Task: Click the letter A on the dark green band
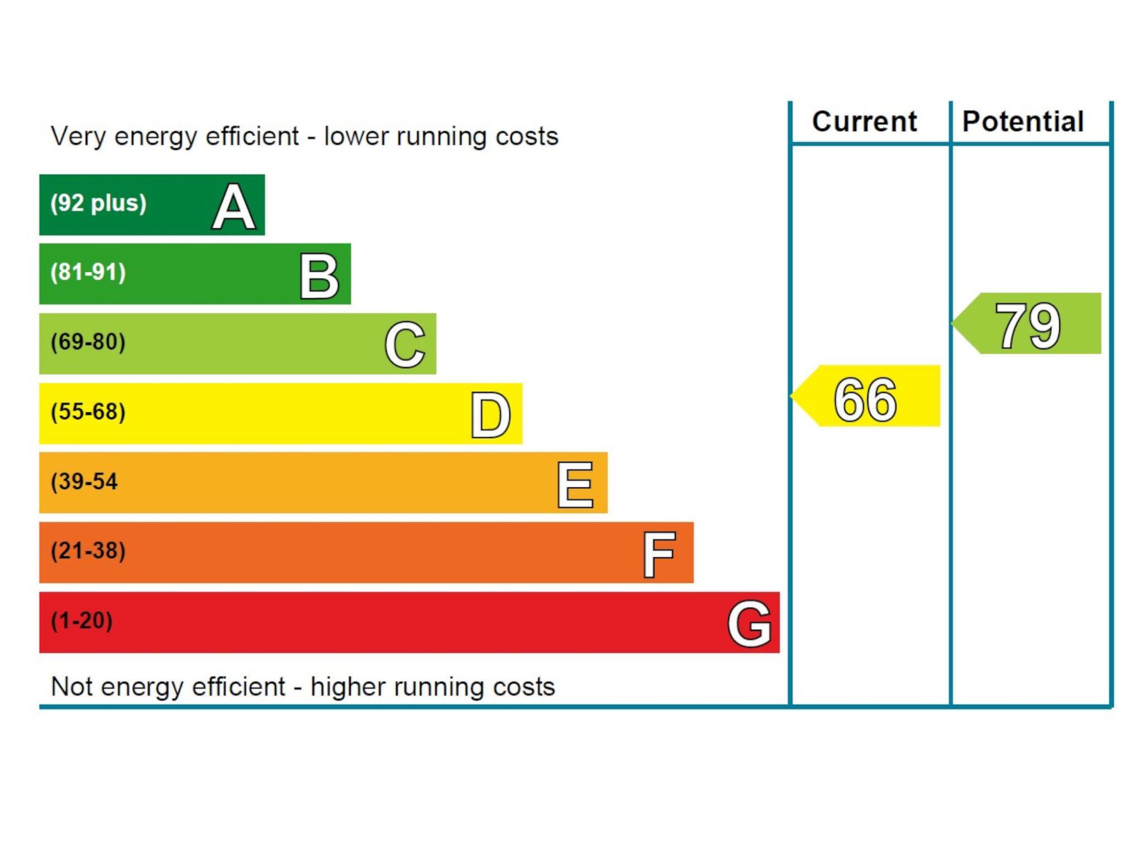233,207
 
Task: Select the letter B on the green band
319,276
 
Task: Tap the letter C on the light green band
405,345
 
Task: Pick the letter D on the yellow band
490,415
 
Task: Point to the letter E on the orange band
575,485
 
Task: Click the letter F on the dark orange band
659,554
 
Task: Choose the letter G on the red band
750,623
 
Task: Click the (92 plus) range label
98,203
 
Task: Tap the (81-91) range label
88,272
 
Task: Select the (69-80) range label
88,342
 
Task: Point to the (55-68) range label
88,412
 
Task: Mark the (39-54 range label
84,482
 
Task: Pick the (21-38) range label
88,551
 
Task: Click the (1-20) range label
82,621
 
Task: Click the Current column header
865,122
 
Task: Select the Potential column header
1023,122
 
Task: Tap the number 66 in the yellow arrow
865,399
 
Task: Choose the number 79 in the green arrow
1028,326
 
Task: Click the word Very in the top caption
78,137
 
